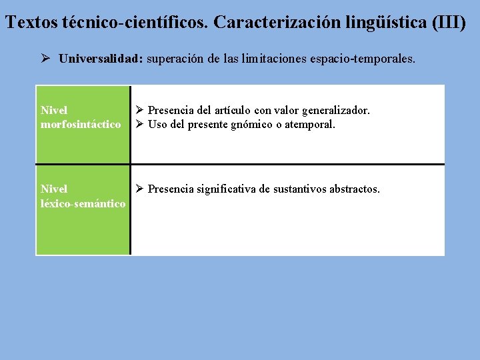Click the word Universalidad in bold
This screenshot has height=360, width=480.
click(x=100, y=59)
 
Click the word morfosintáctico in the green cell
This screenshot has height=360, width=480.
click(x=81, y=125)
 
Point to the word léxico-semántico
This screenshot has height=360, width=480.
click(x=83, y=203)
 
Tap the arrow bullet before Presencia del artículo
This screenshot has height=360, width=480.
click(x=139, y=110)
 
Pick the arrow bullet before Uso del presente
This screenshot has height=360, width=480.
click(x=139, y=125)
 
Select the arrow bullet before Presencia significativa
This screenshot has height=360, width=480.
click(x=139, y=189)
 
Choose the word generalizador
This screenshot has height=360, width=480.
click(x=337, y=110)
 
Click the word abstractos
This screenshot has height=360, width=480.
click(x=353, y=189)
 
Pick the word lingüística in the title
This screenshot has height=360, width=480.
click(x=385, y=22)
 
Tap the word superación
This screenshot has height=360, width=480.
click(x=175, y=59)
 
